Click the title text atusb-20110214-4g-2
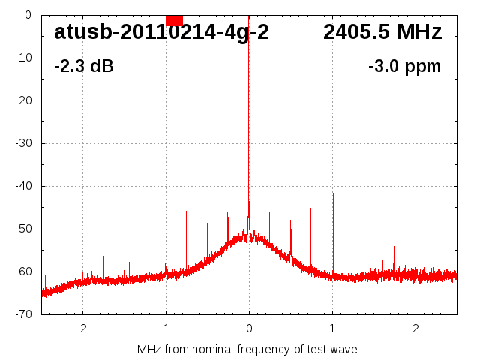coord(161,33)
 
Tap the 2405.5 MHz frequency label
coord(382,33)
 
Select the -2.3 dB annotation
coord(84,67)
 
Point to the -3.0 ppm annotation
coord(405,67)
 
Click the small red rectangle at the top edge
coord(174,19)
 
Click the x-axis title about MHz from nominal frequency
coord(247,349)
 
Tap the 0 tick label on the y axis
coord(27,15)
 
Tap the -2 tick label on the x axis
coord(81,328)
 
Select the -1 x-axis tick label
coord(164,328)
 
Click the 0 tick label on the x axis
coord(249,328)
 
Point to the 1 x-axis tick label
coord(332,328)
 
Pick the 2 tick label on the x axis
coord(415,328)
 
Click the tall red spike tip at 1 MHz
coord(333,194)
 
